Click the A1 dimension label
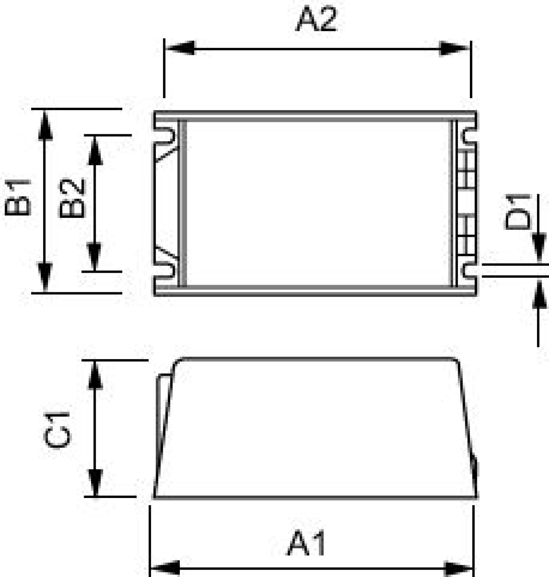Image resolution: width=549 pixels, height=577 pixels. point(306,543)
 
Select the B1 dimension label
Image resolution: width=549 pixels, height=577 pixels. point(18,198)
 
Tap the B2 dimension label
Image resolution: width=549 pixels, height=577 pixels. point(72,198)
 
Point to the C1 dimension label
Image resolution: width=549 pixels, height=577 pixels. point(57,430)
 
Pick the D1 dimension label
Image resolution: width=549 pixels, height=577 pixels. point(518,212)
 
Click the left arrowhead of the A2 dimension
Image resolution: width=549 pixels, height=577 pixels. point(180,48)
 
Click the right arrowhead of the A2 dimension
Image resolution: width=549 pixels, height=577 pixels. point(454,49)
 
